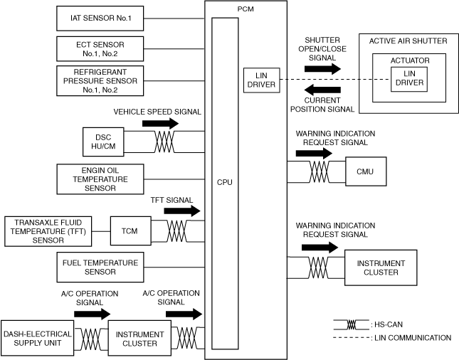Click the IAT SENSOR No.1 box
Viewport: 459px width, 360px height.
coord(100,17)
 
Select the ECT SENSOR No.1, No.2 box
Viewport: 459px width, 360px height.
coord(100,48)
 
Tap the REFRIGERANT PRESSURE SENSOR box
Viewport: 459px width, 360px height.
coord(100,81)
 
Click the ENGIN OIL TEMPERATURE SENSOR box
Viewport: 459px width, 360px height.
coord(100,179)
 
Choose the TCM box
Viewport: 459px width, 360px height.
coord(129,231)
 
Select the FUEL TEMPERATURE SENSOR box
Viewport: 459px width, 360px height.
coord(100,267)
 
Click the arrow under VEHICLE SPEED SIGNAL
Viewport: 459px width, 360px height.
coord(160,123)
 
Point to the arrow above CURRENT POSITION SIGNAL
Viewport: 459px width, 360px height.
coord(322,90)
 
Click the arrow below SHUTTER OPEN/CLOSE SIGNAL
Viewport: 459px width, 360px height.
coord(322,68)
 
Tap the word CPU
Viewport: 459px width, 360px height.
coord(225,182)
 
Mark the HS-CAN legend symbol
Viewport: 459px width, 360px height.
coord(350,324)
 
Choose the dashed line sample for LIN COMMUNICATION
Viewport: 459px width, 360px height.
coord(350,338)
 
